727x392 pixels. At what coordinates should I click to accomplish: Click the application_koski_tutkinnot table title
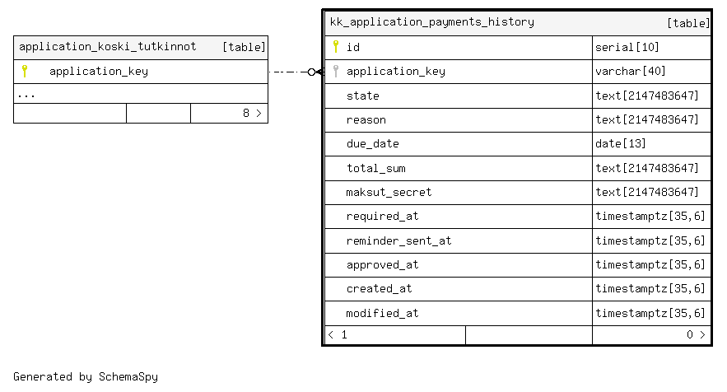pyautogui.click(x=108, y=47)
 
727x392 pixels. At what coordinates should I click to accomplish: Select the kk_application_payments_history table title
pyautogui.click(x=432, y=22)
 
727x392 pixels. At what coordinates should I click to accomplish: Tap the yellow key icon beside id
pyautogui.click(x=336, y=46)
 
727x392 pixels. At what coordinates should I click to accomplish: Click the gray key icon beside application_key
pyautogui.click(x=336, y=71)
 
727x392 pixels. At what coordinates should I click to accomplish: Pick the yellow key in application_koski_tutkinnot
pyautogui.click(x=25, y=71)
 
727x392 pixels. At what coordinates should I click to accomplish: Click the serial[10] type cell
pyautogui.click(x=627, y=47)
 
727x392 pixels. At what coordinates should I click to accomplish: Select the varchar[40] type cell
pyautogui.click(x=630, y=71)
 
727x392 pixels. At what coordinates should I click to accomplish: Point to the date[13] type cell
pyautogui.click(x=620, y=144)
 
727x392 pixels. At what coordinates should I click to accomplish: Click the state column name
pyautogui.click(x=363, y=96)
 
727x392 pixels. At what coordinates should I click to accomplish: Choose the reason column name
pyautogui.click(x=366, y=120)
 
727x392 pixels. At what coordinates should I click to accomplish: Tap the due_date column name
pyautogui.click(x=373, y=144)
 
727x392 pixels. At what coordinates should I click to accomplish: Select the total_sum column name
pyautogui.click(x=376, y=168)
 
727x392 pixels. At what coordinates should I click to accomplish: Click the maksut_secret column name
pyautogui.click(x=389, y=192)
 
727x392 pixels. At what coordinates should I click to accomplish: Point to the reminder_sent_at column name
pyautogui.click(x=398, y=240)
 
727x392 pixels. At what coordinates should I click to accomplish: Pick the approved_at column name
pyautogui.click(x=383, y=265)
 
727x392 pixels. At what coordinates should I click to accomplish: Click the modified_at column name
pyautogui.click(x=383, y=313)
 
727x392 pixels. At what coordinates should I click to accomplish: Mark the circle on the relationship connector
pyautogui.click(x=311, y=72)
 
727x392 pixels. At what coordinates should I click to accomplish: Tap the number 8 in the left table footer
pyautogui.click(x=246, y=113)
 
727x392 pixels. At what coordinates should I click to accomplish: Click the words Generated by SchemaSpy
pyautogui.click(x=86, y=376)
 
